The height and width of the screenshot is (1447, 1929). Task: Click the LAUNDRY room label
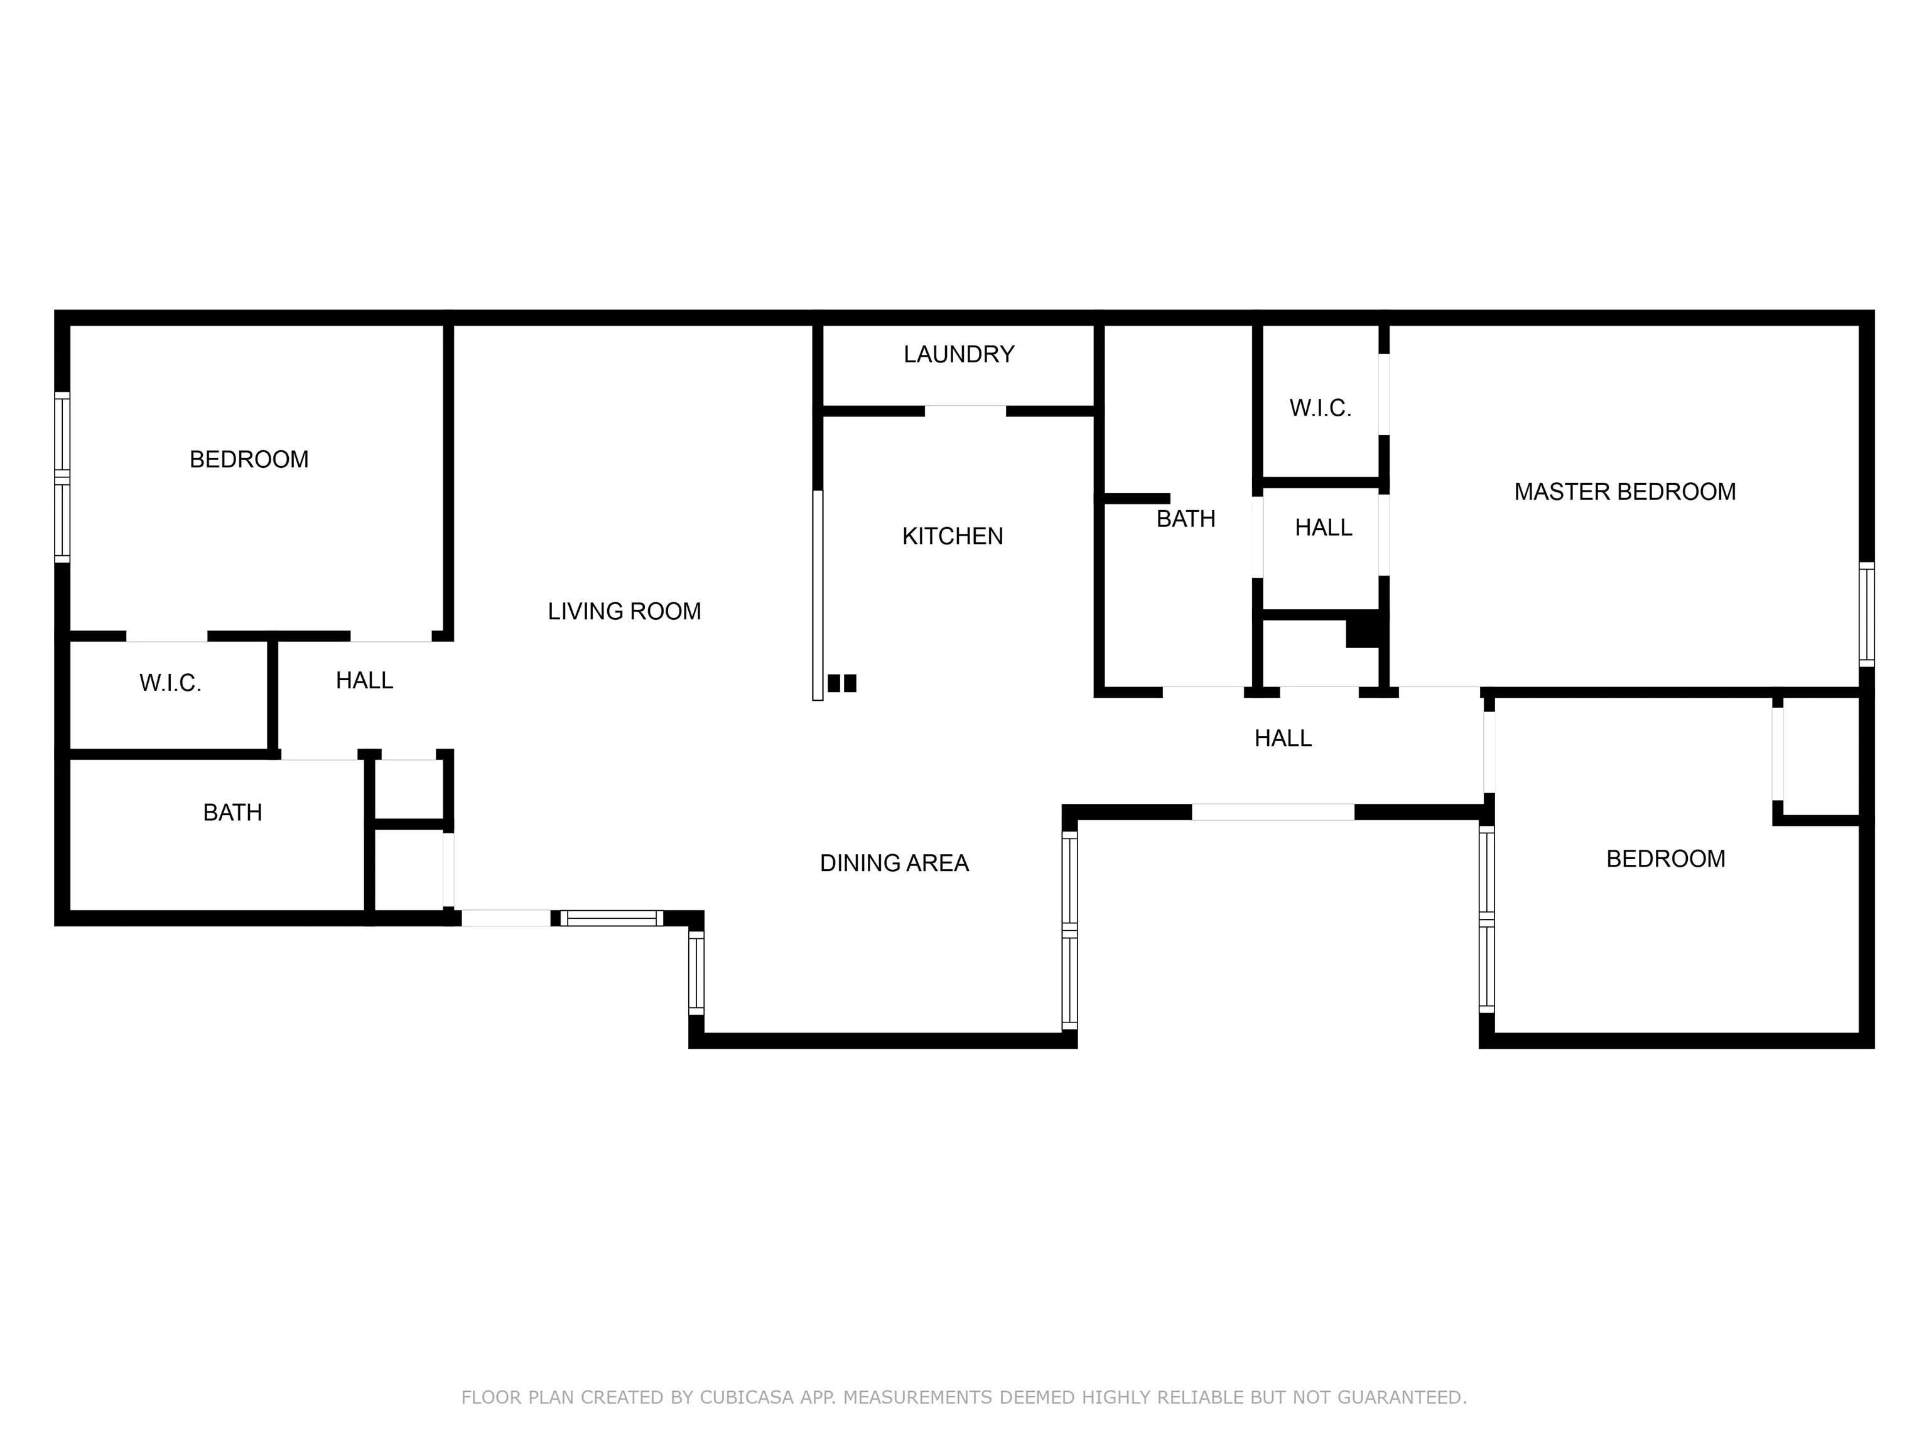958,354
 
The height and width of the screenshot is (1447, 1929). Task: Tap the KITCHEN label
953,536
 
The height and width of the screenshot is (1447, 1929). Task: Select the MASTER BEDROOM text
1624,492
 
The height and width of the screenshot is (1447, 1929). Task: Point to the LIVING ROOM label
624,612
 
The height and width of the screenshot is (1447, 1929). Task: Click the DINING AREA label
894,863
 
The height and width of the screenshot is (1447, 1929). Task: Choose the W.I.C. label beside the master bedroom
1321,408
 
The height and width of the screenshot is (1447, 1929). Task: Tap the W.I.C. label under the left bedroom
170,683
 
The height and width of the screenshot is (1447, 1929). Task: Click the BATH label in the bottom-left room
232,812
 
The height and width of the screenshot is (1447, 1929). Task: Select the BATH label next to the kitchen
1185,519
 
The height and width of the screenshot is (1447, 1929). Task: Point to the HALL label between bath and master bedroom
1323,528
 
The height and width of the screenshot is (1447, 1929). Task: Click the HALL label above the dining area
1283,738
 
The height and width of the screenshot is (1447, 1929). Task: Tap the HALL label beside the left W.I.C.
365,680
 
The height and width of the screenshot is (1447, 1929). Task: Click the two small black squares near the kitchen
841,683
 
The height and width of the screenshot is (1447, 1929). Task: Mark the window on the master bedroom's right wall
1866,614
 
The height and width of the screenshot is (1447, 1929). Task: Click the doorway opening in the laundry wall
964,411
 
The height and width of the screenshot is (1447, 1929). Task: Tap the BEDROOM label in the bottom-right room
1665,859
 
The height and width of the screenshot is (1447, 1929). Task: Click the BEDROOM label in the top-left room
249,460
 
